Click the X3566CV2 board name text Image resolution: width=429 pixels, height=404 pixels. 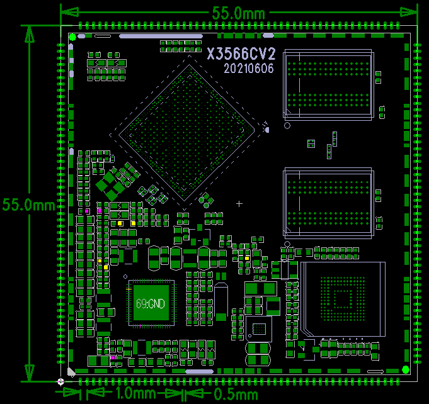[x=241, y=53]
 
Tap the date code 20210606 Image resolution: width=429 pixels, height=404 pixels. [x=249, y=69]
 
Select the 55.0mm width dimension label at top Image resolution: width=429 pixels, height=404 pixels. [x=239, y=13]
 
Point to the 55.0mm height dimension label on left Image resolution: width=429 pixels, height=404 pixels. [x=29, y=205]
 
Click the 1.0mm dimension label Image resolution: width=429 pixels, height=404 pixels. [x=136, y=393]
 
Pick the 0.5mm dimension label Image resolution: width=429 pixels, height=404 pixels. [x=236, y=395]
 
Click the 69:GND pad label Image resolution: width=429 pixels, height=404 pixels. [x=151, y=303]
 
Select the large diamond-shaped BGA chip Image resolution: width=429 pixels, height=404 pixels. [x=186, y=133]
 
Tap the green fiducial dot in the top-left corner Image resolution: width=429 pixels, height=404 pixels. [x=72, y=37]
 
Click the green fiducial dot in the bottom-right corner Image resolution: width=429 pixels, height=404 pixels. [x=406, y=370]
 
